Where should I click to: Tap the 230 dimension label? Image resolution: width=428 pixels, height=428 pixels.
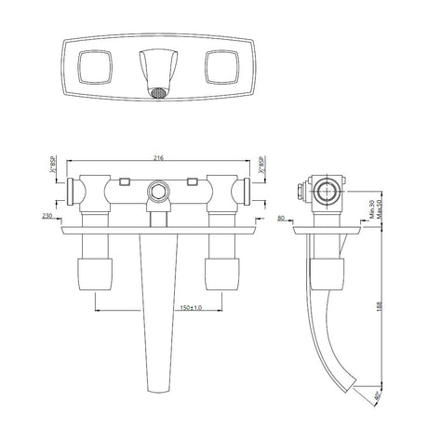pyautogui.click(x=47, y=218)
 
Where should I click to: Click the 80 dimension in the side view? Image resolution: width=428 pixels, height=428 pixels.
pyautogui.click(x=281, y=218)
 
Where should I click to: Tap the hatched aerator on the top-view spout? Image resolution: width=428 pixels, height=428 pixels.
pyautogui.click(x=159, y=93)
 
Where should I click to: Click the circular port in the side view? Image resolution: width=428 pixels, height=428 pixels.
pyautogui.click(x=328, y=194)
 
